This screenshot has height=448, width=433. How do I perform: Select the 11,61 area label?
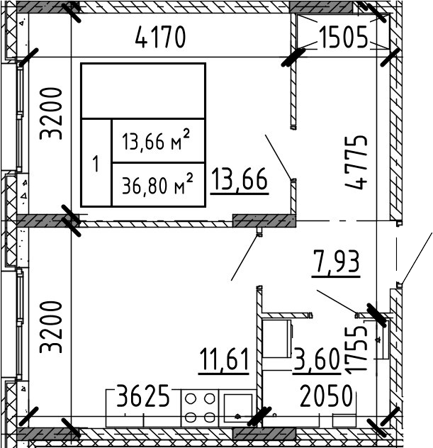(224, 361)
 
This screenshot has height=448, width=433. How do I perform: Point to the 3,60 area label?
(316, 361)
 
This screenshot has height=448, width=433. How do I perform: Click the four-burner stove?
(200, 408)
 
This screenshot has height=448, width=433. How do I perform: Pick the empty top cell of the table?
(143, 91)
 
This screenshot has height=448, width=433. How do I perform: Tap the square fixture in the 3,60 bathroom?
(279, 332)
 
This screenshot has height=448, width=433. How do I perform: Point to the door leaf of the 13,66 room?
(277, 156)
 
